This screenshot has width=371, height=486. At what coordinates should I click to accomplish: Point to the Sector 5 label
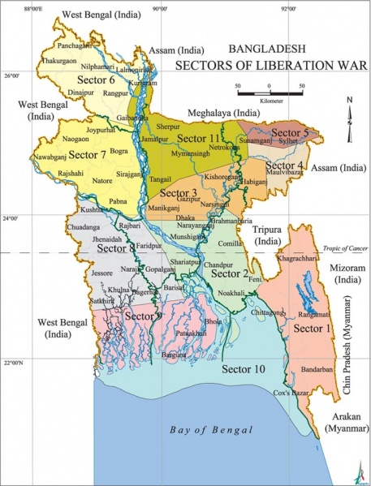(290, 132)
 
